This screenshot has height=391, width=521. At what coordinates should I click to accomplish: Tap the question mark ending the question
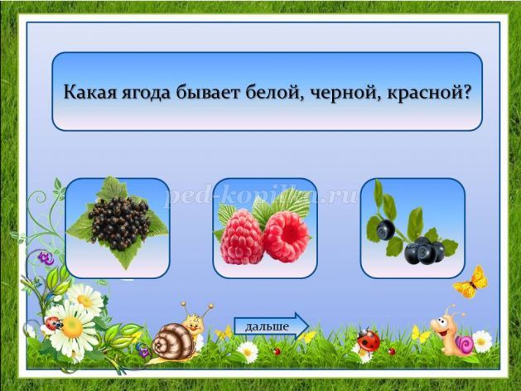[x=466, y=91]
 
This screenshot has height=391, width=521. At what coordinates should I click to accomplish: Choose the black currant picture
[x=118, y=228]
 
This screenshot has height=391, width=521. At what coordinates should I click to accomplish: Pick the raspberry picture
[x=265, y=228]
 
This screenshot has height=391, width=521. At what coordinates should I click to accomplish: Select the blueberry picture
[x=412, y=228]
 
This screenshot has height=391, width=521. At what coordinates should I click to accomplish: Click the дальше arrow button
[x=272, y=326]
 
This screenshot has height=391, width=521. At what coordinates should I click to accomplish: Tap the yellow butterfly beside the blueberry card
[x=471, y=282]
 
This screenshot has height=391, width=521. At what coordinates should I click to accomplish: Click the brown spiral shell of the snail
[x=173, y=340]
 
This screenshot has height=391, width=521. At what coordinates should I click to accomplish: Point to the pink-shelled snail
[x=454, y=334]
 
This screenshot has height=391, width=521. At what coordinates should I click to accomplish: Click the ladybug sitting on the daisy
[x=53, y=323]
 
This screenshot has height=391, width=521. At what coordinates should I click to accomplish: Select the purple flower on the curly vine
[x=46, y=258]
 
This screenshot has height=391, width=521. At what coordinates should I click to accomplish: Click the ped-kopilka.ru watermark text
[x=263, y=196]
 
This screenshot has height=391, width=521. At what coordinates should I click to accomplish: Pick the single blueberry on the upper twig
[x=385, y=229]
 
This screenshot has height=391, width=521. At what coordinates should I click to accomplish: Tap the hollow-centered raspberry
[x=286, y=237]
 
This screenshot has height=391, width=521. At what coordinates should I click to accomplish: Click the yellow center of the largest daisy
[x=72, y=327]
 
